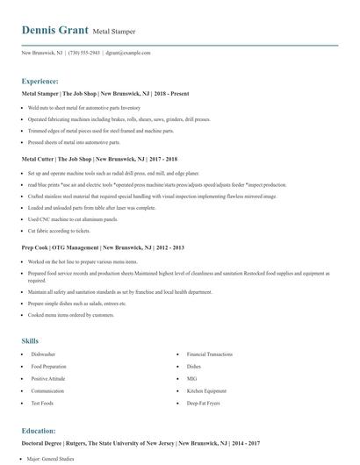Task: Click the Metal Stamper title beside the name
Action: coord(113,32)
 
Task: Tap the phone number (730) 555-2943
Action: coord(83,54)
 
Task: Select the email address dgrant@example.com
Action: coord(127,54)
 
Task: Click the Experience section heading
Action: coord(40,80)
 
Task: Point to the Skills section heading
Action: coord(30,339)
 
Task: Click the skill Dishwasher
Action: coord(43,354)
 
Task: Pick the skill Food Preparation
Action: coord(48,366)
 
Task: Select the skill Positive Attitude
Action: coord(47,378)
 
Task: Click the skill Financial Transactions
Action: coord(211,354)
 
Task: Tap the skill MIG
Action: coord(191,378)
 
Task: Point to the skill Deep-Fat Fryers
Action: coord(204,403)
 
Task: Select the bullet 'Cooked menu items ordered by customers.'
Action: coord(71,314)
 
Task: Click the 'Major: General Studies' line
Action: coord(52,458)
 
